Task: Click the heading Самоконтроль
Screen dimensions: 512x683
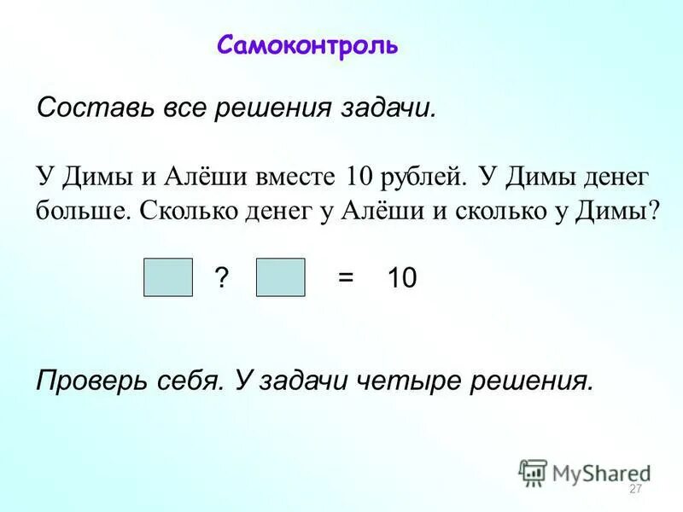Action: (306, 44)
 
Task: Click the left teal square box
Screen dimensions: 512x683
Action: (168, 278)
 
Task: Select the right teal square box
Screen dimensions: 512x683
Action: (280, 278)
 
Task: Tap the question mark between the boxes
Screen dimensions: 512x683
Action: (222, 279)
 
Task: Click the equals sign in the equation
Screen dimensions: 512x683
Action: (345, 279)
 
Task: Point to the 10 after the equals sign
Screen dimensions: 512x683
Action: (401, 279)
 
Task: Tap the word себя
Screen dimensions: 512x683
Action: (182, 381)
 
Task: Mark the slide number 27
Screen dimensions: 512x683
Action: (634, 489)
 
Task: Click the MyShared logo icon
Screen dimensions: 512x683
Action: (533, 471)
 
